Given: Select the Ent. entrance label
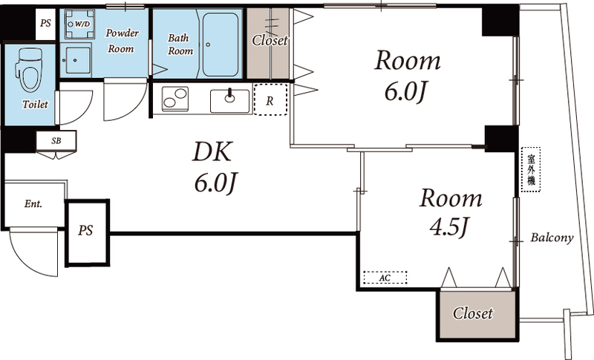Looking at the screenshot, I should (33, 203).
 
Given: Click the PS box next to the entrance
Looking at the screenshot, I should (87, 231).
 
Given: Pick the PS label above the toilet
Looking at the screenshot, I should (45, 23).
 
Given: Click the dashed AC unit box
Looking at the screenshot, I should (385, 278).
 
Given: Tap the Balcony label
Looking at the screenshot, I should (552, 238).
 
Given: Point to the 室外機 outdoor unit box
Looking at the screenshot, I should (531, 169).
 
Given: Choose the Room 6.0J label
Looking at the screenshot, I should (406, 75).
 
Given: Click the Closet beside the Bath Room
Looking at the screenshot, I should (268, 42).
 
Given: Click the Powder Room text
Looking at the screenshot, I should (120, 41).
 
